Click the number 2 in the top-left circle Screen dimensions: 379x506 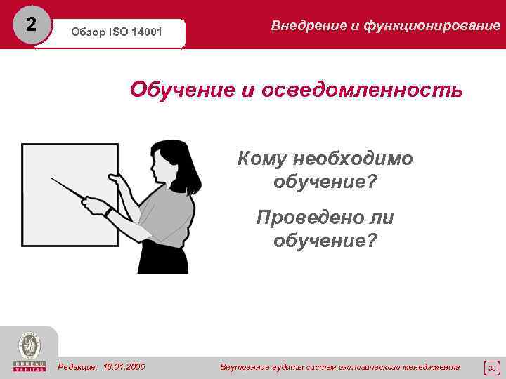tap(29, 25)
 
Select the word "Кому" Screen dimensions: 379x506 tap(263, 159)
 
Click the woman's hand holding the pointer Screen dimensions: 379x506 tap(94, 206)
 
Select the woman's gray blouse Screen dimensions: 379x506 tap(162, 218)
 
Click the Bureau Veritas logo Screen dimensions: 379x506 tap(29, 352)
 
